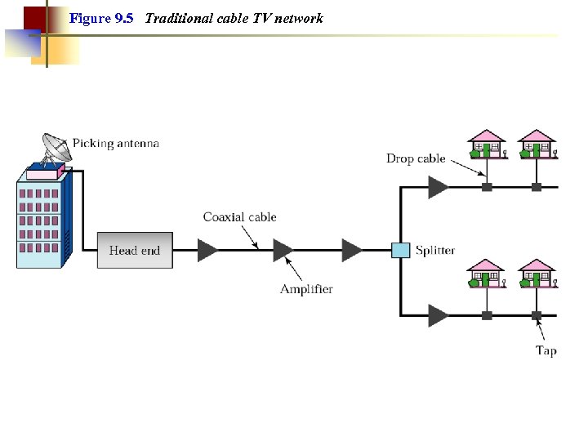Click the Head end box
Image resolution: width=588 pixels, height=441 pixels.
tap(135, 250)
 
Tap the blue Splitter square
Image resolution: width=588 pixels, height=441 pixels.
tap(400, 250)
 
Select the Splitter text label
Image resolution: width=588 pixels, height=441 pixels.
tap(434, 251)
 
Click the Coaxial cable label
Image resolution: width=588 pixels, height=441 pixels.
tap(239, 217)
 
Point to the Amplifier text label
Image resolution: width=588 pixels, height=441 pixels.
tap(306, 289)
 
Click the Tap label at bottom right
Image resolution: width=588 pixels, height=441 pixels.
tap(546, 350)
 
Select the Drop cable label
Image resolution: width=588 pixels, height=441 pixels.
tap(416, 158)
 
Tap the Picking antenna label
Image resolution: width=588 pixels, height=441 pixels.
tap(115, 143)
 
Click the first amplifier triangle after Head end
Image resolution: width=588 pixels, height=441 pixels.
tap(208, 250)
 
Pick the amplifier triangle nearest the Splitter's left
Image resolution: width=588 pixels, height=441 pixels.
tap(352, 250)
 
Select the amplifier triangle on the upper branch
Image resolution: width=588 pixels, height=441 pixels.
tap(438, 187)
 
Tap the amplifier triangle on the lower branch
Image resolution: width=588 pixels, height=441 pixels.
tap(438, 314)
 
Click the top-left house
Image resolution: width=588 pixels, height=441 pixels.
tap(487, 144)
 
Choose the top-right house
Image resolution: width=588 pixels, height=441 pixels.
tap(537, 144)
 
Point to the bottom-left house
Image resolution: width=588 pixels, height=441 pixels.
tap(487, 274)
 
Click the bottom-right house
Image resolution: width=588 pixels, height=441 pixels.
tap(537, 274)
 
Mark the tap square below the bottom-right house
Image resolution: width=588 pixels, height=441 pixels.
tap(537, 314)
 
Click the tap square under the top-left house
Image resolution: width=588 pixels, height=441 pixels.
tap(487, 187)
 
